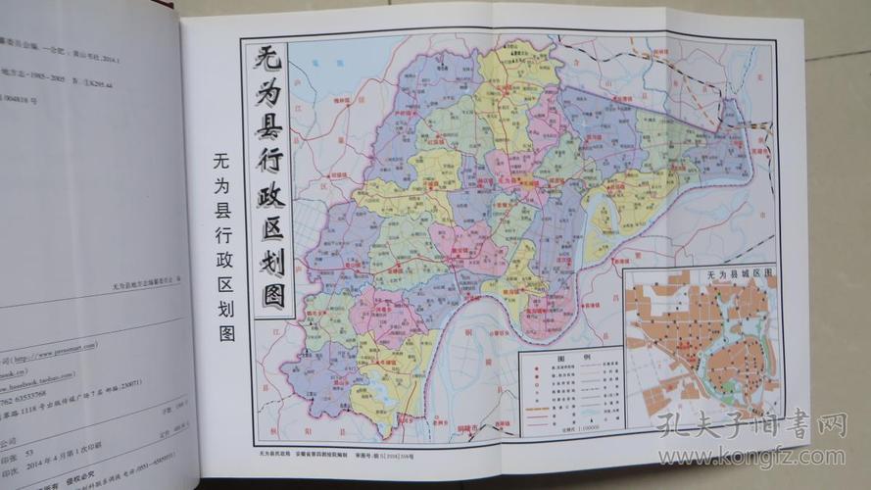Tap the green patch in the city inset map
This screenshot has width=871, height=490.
pos(731,390)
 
